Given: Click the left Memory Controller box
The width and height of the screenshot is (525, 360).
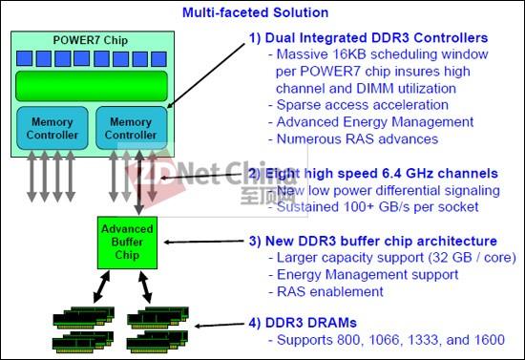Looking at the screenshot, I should pos(52,128).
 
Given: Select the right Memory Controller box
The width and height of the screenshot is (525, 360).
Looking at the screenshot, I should pos(130,128).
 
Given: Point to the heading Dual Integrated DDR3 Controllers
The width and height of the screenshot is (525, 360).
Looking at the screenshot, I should pos(368,38).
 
